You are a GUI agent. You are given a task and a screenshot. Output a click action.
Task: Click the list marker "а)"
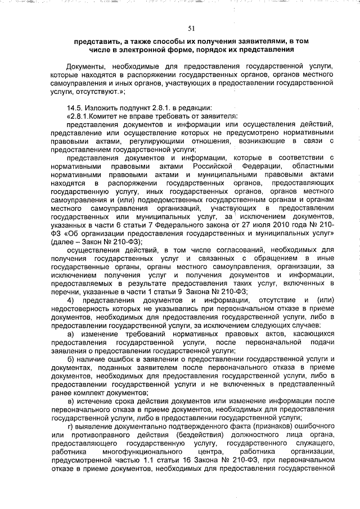coord(70,334)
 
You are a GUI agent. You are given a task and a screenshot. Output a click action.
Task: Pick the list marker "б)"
coord(70,359)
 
